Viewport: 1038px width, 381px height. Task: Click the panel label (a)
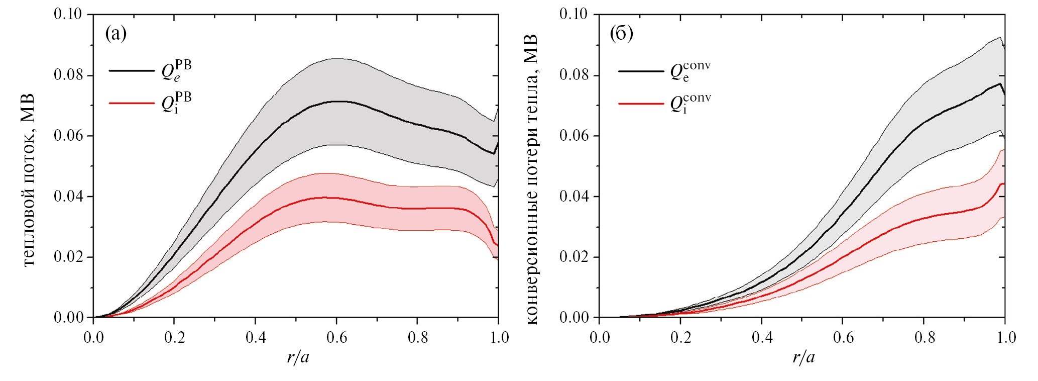[x=116, y=34]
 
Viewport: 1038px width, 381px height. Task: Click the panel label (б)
[x=621, y=34]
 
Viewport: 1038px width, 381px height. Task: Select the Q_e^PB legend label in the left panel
[x=176, y=71]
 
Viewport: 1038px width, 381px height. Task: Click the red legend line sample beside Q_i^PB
[x=132, y=103]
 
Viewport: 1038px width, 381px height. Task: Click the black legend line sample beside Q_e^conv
[x=641, y=71]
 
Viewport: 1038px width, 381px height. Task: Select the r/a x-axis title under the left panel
[x=298, y=357]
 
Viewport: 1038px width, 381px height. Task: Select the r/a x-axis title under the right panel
[x=804, y=357]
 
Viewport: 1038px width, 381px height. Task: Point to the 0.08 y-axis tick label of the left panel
[x=68, y=75]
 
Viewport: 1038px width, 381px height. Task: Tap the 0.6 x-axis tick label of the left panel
[x=336, y=337]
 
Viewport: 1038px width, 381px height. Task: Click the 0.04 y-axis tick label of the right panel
[x=573, y=196]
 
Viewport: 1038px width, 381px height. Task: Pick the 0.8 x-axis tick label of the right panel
[x=925, y=337]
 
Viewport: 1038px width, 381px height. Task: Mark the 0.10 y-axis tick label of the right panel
[x=573, y=14]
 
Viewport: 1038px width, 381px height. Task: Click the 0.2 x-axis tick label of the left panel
[x=174, y=337]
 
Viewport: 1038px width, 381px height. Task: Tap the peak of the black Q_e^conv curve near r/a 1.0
[x=1000, y=83]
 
